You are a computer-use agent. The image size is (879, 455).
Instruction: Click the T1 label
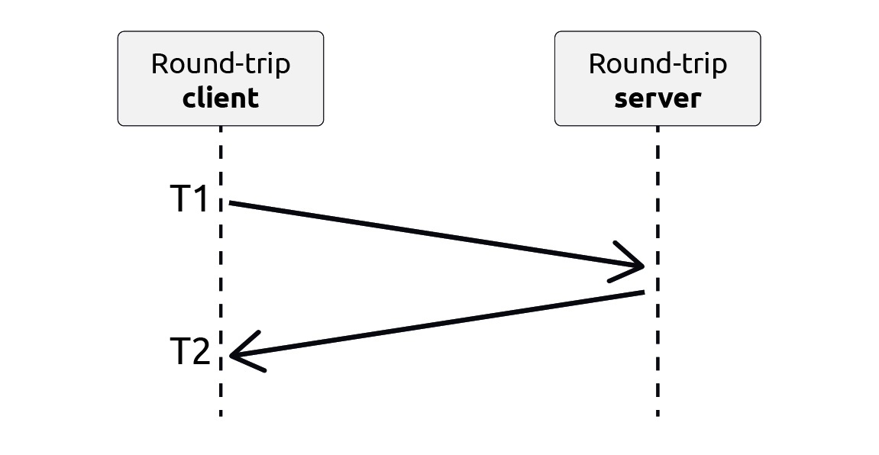click(189, 200)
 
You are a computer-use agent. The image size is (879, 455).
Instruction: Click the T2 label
click(189, 353)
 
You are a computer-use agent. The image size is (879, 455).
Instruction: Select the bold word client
click(221, 98)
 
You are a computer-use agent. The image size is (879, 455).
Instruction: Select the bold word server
click(658, 98)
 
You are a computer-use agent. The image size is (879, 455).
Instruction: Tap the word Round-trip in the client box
click(221, 64)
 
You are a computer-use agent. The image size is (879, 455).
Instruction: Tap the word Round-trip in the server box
click(658, 64)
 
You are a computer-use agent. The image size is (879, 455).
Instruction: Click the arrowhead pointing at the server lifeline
click(638, 266)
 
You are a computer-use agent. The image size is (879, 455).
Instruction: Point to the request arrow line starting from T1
click(428, 234)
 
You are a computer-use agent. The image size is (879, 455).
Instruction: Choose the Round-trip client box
click(221, 79)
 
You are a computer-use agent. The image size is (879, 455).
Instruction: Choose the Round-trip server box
click(658, 79)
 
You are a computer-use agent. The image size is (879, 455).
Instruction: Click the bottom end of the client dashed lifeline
click(221, 412)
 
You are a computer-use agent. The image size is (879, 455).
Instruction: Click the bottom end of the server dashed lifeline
click(658, 412)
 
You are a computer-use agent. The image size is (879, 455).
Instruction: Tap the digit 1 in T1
click(200, 200)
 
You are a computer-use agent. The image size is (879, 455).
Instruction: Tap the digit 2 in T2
click(200, 353)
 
